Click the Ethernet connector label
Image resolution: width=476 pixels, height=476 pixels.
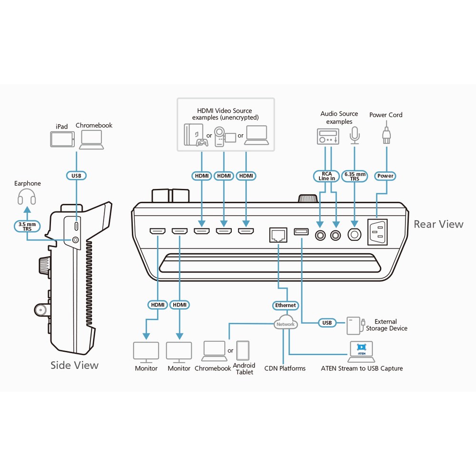[285, 305]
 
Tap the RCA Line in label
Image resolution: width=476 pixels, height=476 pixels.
[327, 176]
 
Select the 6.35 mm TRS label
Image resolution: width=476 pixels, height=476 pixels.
[355, 176]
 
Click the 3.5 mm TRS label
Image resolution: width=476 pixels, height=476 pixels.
[27, 227]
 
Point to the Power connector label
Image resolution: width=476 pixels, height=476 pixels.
[385, 176]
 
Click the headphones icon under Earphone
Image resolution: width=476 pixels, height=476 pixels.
[27, 197]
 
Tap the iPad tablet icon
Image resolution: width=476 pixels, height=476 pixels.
[62, 139]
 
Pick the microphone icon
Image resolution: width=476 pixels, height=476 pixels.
[355, 135]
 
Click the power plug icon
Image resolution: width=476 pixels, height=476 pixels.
[386, 135]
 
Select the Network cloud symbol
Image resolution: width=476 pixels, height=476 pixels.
[286, 322]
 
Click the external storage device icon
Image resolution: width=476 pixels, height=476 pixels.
[355, 326]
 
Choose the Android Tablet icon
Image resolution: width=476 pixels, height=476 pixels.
[243, 350]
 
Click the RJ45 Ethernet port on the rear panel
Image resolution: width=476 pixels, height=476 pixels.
[278, 235]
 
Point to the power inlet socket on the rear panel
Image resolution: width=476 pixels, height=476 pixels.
[377, 232]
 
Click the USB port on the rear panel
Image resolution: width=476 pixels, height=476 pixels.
[301, 232]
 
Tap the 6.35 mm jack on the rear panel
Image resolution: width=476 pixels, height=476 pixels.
[354, 234]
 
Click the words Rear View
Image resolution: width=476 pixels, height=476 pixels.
[439, 224]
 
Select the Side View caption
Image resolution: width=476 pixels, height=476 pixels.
[74, 365]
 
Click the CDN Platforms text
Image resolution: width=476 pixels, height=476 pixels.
[285, 368]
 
